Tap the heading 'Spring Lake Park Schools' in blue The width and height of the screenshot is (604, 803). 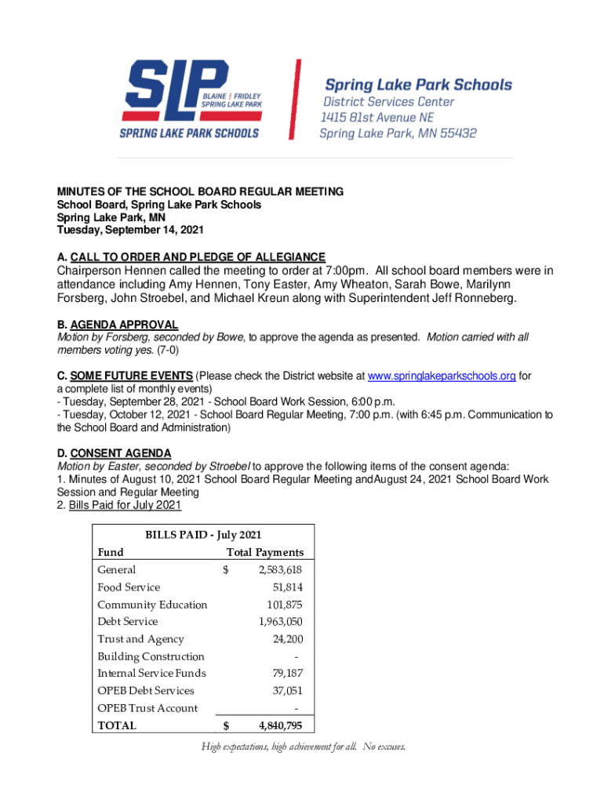(418, 85)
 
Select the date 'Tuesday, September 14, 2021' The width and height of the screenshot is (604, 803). (130, 231)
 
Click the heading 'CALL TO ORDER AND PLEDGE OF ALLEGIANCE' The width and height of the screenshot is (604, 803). (197, 257)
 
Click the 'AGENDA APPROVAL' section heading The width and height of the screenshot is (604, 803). (124, 325)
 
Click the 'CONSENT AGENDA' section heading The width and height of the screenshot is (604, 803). (121, 453)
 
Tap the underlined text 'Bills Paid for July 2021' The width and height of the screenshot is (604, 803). (125, 505)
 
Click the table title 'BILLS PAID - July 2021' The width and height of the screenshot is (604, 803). (203, 535)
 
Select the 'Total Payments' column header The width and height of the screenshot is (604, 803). (264, 552)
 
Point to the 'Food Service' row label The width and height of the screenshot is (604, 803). (129, 587)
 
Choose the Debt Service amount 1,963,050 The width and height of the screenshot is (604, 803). (280, 622)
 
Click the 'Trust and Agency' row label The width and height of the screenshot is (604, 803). (140, 639)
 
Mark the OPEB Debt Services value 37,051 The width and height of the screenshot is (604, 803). (287, 691)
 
